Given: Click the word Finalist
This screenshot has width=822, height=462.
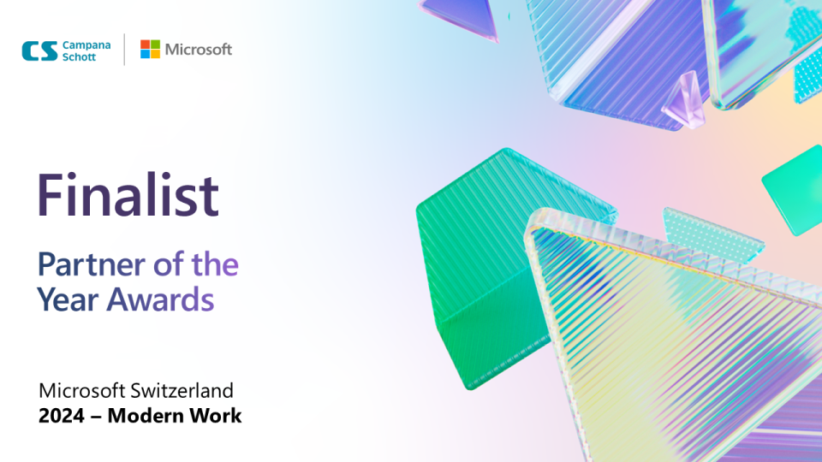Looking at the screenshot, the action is [x=128, y=195].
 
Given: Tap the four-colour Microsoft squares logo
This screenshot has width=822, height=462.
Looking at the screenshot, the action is [x=150, y=50].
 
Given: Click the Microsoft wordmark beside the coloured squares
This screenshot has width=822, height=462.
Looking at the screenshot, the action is [x=198, y=50].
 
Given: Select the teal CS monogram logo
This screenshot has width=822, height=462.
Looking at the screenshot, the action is [x=40, y=51].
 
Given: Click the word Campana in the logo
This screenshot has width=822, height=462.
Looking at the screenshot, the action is [x=86, y=45].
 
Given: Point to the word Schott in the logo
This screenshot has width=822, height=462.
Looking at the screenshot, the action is [x=79, y=57].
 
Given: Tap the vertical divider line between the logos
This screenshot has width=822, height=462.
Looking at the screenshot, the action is [x=124, y=50].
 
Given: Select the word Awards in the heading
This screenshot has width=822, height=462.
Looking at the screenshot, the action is [x=160, y=299].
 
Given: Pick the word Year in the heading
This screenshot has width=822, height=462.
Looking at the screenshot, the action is [x=68, y=299].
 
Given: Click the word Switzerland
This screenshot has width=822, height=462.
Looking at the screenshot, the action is [x=182, y=391].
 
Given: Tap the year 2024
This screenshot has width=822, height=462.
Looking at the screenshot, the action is [x=62, y=416].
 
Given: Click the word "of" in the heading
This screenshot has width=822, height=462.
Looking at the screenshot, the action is [x=169, y=264].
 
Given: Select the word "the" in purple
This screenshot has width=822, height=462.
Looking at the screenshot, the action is [x=215, y=264].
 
